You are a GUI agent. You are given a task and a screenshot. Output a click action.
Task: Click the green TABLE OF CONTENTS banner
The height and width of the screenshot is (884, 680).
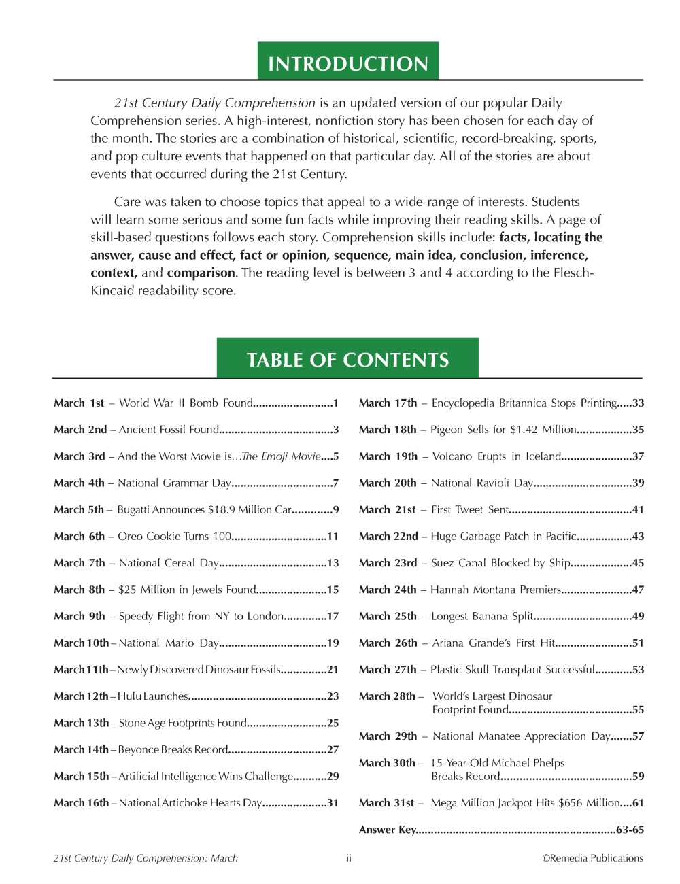(x=347, y=359)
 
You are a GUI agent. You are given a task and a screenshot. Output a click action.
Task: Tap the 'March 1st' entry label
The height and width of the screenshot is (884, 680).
(x=79, y=403)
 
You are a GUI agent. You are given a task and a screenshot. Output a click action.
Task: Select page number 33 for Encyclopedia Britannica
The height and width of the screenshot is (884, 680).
(x=638, y=403)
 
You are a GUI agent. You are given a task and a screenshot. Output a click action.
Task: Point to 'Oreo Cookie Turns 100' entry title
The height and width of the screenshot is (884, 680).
(x=174, y=537)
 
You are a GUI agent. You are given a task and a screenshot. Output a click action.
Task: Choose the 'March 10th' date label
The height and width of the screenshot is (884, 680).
(x=81, y=643)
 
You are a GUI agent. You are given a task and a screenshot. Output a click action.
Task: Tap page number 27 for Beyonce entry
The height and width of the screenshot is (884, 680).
(x=333, y=749)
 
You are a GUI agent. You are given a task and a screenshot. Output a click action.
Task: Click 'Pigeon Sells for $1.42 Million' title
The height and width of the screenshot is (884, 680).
(x=503, y=430)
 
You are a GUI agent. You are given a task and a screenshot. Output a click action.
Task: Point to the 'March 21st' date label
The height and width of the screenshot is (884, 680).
(x=387, y=510)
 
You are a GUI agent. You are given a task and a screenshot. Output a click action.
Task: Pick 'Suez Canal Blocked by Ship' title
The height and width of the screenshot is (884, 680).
(x=500, y=563)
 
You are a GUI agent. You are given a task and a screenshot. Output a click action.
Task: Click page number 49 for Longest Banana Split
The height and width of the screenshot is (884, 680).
(x=638, y=617)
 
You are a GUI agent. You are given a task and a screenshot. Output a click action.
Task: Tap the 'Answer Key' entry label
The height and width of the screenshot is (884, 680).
(x=387, y=830)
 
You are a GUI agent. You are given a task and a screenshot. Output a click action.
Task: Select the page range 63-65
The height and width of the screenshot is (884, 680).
(x=630, y=830)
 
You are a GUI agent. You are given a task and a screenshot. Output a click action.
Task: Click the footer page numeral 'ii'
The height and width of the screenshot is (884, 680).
(x=348, y=858)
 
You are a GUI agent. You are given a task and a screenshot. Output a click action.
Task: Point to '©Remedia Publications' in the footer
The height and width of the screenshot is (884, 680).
(x=592, y=858)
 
